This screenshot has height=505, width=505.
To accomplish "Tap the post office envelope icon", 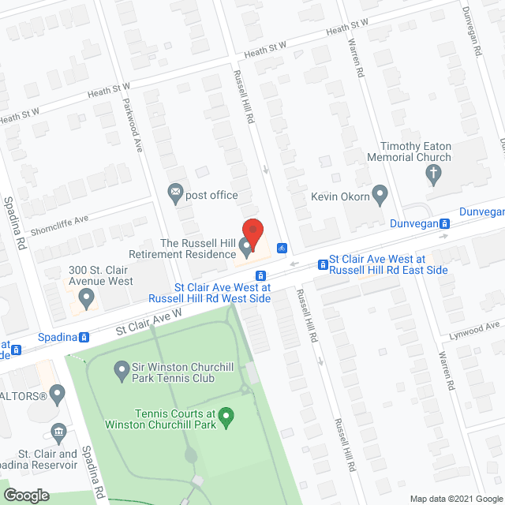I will [x=175, y=191].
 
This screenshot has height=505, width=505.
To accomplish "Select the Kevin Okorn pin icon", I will [x=380, y=193].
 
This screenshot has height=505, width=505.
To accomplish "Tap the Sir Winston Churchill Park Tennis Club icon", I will [x=122, y=368].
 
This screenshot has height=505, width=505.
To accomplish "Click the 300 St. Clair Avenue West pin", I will [x=87, y=297].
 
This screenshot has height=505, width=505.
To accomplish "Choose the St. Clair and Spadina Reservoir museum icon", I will [x=58, y=431].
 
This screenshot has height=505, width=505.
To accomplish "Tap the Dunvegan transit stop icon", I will [x=444, y=223].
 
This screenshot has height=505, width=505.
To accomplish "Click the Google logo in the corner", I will [x=25, y=495].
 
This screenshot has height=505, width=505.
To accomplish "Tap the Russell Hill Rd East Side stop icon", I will [x=322, y=264].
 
